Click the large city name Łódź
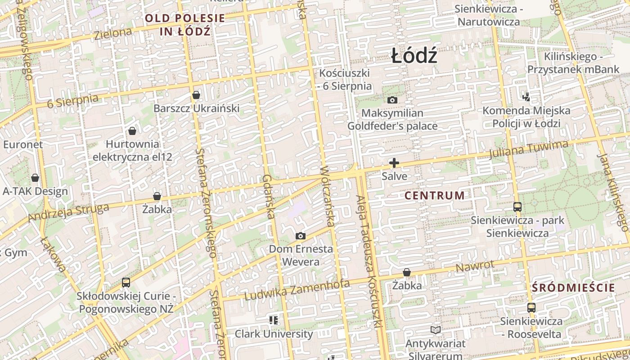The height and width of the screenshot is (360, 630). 414,56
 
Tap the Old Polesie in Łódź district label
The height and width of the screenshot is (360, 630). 185,25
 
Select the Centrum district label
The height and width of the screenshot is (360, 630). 434,195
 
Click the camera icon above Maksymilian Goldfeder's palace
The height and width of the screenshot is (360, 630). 392,100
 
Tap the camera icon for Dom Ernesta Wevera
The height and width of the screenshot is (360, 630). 300,236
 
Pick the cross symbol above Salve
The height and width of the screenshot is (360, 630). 394,163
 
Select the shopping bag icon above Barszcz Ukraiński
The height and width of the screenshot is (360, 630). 196,95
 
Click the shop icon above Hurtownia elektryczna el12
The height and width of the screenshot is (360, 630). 132,131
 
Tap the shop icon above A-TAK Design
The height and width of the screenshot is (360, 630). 35,178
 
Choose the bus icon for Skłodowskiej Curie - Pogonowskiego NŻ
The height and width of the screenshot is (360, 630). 126,283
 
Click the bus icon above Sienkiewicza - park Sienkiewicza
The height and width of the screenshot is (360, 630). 517,207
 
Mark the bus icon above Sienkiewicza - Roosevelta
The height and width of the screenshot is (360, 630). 531,308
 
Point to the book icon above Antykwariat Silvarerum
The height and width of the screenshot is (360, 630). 435,330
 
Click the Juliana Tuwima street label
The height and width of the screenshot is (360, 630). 529,150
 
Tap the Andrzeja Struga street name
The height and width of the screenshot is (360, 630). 68,212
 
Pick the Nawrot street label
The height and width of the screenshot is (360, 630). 475,266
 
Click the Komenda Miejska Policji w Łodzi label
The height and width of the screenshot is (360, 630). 526,117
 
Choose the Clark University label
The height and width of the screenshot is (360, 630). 274,334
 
